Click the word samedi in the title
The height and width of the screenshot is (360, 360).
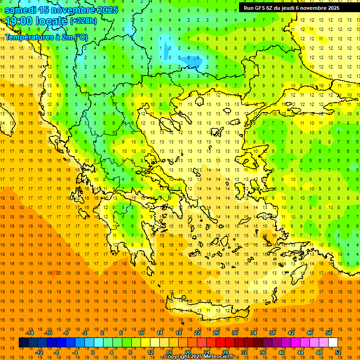(20, 10)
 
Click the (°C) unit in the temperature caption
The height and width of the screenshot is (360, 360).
(80, 37)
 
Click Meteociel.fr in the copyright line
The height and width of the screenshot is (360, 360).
(218, 357)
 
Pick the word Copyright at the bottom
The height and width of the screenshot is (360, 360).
(176, 357)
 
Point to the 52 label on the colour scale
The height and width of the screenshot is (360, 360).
(338, 352)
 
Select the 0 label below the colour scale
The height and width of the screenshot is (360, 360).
(93, 352)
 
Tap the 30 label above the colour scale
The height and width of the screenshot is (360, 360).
(234, 333)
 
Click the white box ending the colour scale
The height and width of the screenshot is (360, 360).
(333, 343)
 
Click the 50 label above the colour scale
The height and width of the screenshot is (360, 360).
(328, 333)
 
